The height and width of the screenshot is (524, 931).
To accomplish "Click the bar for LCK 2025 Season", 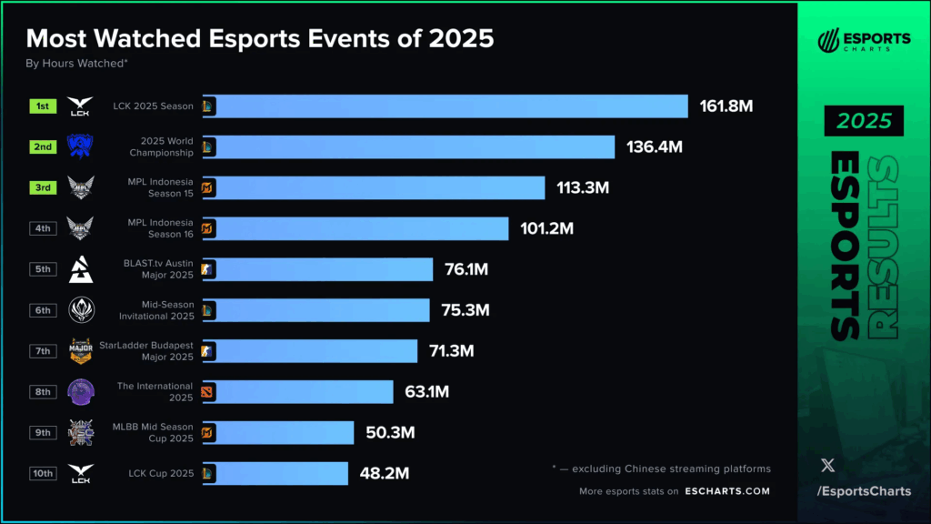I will click(x=445, y=106).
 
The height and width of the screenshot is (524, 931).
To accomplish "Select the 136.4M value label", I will click(x=654, y=147).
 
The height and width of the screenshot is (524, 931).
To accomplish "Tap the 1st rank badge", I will click(x=43, y=106).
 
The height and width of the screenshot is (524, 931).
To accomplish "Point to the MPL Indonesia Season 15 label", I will click(x=160, y=187).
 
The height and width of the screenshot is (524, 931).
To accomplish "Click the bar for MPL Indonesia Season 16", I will click(x=355, y=228).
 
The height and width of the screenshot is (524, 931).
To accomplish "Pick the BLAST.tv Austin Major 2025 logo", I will click(x=81, y=269).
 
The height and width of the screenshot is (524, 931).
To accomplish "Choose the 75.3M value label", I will click(x=465, y=310).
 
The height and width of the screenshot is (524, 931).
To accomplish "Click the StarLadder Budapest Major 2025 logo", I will click(x=81, y=350).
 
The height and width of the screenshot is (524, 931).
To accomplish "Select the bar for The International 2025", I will click(x=297, y=391).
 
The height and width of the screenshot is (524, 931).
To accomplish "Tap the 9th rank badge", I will click(x=43, y=432).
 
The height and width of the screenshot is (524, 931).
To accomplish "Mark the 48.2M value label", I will click(x=383, y=473).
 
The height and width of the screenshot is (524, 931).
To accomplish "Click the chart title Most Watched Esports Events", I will click(x=260, y=39).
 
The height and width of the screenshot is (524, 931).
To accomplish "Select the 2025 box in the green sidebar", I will click(x=864, y=120).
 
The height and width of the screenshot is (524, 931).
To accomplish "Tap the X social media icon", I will click(x=827, y=465).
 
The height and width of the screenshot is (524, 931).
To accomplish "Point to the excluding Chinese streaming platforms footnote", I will click(x=661, y=469).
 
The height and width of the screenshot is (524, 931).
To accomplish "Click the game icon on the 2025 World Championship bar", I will click(x=208, y=147).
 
